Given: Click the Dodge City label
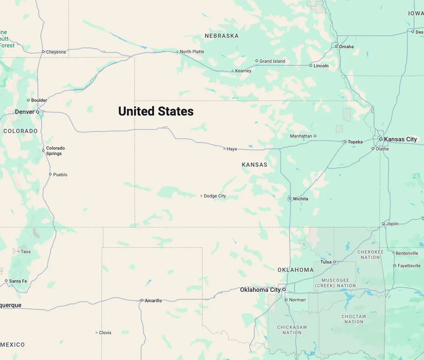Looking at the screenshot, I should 215,196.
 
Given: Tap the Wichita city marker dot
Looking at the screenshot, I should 290,198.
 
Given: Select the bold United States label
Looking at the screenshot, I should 156,111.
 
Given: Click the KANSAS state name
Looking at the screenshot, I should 254,164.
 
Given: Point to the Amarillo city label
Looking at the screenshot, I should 153,301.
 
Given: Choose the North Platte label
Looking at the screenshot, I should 192,52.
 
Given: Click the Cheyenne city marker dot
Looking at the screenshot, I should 43,52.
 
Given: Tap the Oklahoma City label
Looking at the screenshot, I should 260,290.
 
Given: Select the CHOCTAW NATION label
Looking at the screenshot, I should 354,319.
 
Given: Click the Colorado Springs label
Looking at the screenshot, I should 55,151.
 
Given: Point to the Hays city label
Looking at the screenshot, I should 232,149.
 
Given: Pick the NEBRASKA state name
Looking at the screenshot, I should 221,36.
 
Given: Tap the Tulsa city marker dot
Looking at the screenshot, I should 335,262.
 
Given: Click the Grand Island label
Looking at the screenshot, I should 272,61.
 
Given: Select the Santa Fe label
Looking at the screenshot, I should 18,281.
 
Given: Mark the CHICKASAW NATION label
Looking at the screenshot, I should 292,330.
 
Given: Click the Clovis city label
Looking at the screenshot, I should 105,332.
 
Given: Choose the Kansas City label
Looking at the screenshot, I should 400,139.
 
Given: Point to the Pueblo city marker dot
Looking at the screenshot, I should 50,174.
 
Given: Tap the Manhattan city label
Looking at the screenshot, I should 301,136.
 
